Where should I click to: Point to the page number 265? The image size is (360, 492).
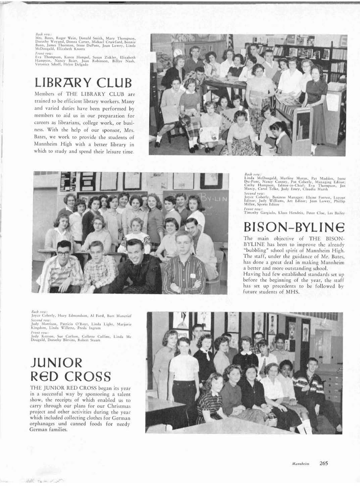pos(323,463)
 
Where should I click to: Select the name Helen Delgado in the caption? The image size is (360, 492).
pos(79,64)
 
